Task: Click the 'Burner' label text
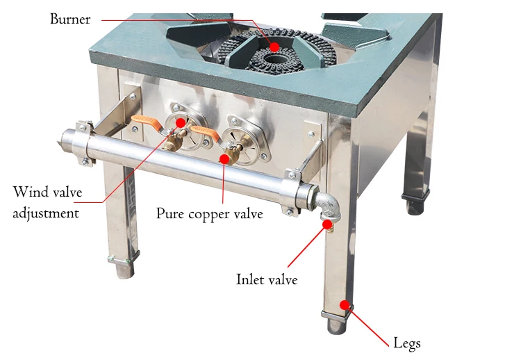[x=70, y=19]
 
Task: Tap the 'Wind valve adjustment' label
[x=46, y=202]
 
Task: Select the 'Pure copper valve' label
[x=209, y=214]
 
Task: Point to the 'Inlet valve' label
[x=267, y=279]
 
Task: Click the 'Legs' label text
[x=407, y=343]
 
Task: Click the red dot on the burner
[x=275, y=47]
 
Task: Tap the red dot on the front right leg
[x=344, y=304]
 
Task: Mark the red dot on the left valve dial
[x=181, y=122]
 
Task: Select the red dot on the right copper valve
[x=224, y=158]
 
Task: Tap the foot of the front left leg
[x=124, y=267]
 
